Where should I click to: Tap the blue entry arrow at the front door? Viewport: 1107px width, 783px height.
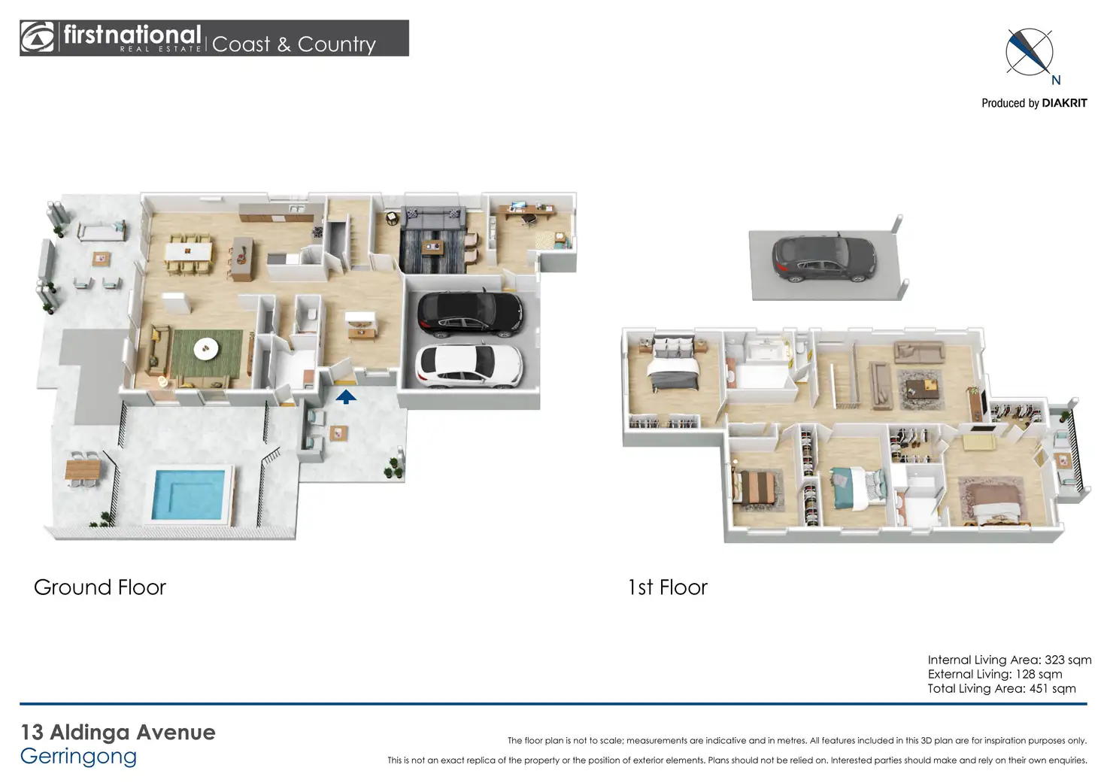coord(345,396)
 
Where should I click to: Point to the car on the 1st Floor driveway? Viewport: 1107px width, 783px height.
coord(824,258)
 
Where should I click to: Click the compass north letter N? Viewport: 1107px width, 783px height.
coord(1056,80)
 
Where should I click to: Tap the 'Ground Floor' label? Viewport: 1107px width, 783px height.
coord(100,587)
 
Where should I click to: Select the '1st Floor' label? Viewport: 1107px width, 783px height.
coord(668,587)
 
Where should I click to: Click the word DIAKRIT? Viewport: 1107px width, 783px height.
coord(1064,103)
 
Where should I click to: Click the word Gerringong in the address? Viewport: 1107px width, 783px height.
coord(78,757)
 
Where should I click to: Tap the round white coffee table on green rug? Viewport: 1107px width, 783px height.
coord(206,348)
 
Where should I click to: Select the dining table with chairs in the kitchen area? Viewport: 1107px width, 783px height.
coord(189,251)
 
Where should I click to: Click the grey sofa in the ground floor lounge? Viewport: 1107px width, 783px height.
coord(432,219)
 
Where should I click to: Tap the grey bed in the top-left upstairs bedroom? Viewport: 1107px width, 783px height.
coord(675,363)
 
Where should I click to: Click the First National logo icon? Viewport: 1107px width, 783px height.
coord(38,38)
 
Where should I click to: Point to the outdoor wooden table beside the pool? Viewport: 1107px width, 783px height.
coord(83,470)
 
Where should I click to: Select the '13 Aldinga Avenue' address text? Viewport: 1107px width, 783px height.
coord(118,732)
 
